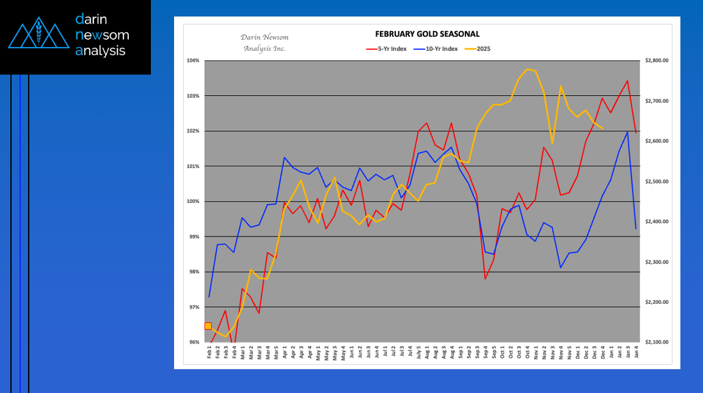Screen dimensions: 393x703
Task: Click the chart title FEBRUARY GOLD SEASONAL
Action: tap(427, 34)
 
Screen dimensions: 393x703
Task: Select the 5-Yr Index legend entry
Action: tap(390, 48)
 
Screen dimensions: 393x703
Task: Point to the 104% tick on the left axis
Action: tap(194, 61)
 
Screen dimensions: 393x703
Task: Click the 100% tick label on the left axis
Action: tap(194, 202)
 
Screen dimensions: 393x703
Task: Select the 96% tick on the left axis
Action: tap(194, 342)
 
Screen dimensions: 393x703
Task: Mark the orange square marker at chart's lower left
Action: tap(208, 326)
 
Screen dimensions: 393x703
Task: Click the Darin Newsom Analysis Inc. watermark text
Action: tap(264, 42)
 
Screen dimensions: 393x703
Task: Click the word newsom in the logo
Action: tap(102, 35)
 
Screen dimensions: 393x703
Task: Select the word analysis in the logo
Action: tap(100, 51)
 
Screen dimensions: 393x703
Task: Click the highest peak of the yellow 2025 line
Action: tap(527, 69)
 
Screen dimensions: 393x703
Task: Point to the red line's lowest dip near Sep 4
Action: tap(485, 279)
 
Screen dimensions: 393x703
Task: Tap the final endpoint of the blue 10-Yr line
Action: tap(636, 229)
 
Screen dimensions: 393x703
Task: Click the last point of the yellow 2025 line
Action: tap(602, 128)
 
